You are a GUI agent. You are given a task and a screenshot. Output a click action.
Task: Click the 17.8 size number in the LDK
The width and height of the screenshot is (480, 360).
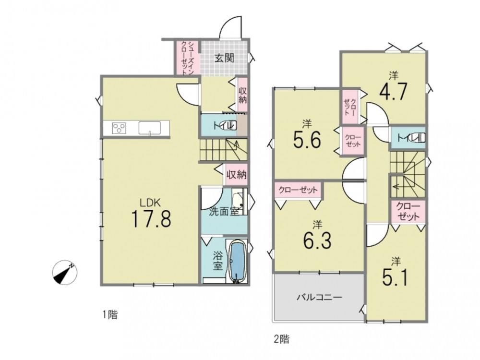coord(151,218)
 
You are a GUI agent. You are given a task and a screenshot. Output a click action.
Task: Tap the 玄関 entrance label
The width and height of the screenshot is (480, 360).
coord(224,58)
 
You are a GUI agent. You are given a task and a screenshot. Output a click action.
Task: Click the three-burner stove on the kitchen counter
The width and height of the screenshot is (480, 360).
coord(120,128)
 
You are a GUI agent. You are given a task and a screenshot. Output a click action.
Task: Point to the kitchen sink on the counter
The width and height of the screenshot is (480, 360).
coord(150,128)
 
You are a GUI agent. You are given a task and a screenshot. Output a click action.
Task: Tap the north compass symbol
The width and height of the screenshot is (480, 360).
coord(65,273)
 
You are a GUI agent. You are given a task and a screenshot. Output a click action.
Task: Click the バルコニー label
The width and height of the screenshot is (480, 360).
coord(319,297)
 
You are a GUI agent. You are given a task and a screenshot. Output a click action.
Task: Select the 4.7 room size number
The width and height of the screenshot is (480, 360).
coord(394,91)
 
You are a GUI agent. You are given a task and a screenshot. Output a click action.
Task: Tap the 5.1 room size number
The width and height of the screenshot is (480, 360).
coord(395,277)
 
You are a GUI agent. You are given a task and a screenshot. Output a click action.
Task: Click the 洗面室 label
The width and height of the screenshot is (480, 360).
coord(224,212)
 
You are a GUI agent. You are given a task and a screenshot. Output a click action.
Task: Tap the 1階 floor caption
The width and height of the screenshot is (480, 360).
coord(110,315)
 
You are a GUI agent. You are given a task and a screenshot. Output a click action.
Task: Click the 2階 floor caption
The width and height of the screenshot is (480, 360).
coord(281,339)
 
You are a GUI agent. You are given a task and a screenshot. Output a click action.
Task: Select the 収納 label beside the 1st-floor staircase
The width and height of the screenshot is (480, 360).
coord(236,175)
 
